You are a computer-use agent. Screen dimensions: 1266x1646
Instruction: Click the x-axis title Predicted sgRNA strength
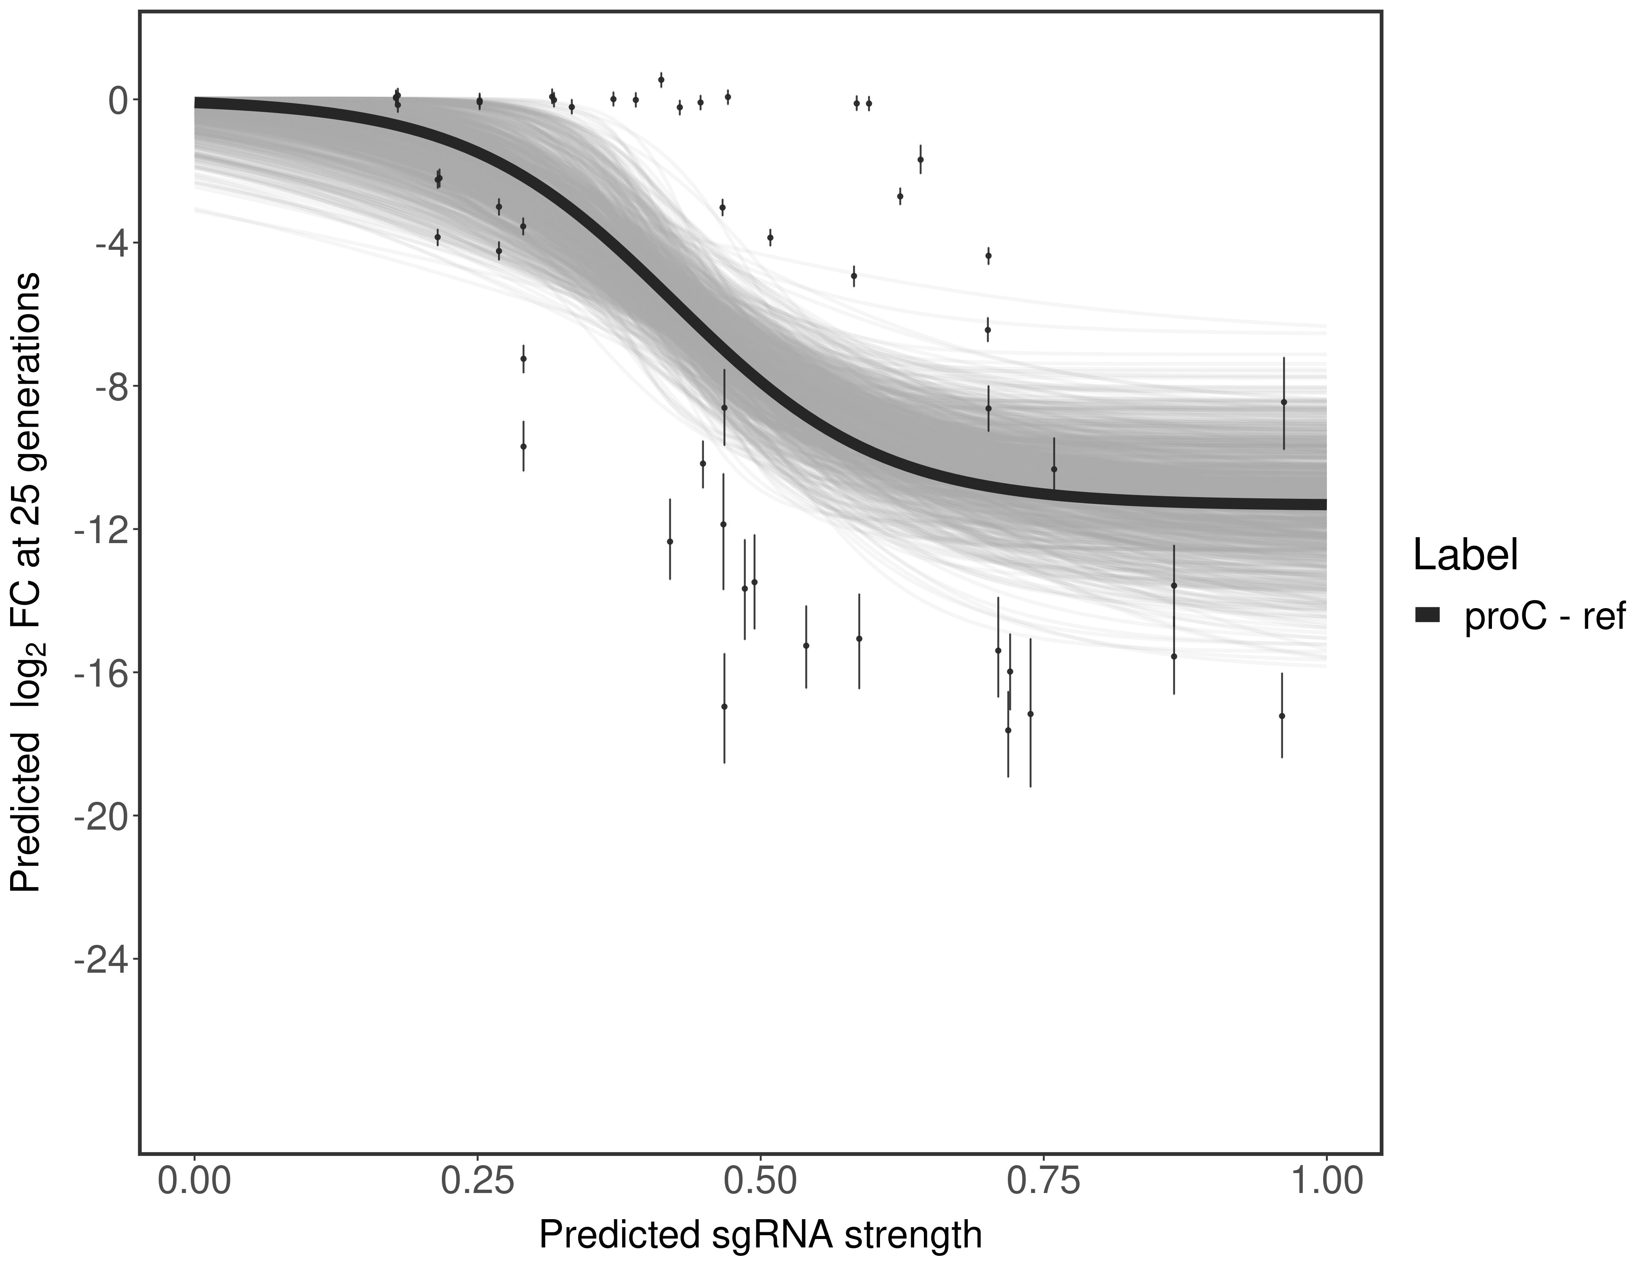pyautogui.click(x=761, y=1236)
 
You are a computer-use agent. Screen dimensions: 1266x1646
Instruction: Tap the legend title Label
pyautogui.click(x=1465, y=555)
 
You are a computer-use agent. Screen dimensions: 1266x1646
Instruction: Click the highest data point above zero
pyautogui.click(x=661, y=79)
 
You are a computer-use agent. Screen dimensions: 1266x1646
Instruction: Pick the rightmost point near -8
pyautogui.click(x=1283, y=403)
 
